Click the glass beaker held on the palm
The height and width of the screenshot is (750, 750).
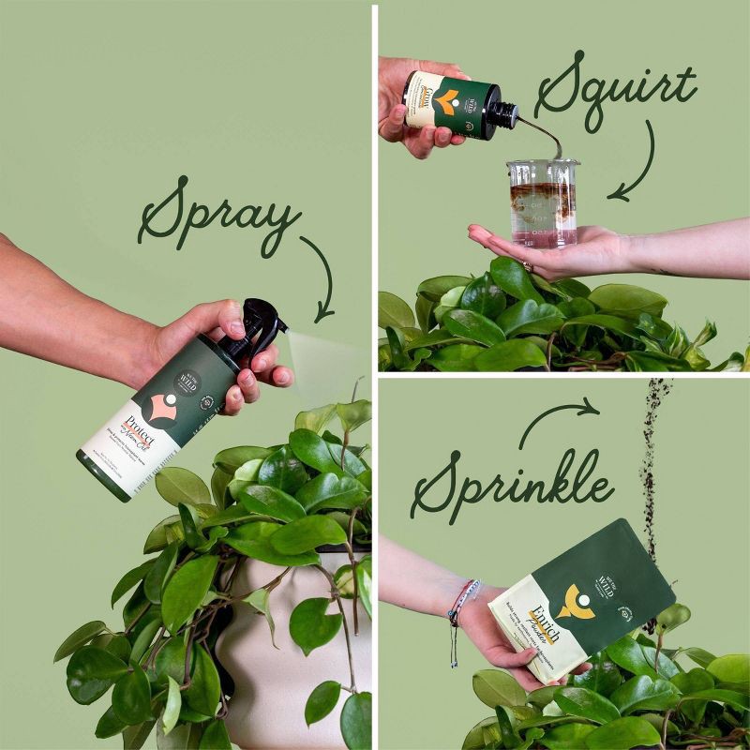542,202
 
